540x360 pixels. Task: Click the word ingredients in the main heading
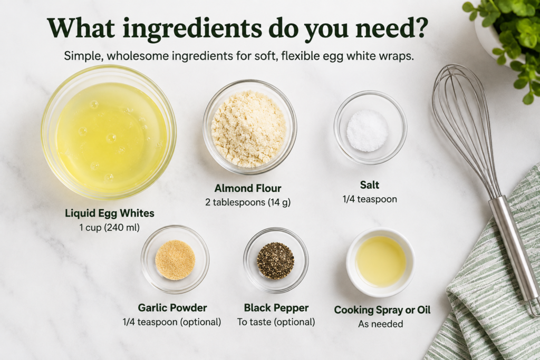point(192,28)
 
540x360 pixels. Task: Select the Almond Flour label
point(248,188)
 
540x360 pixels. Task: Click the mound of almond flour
point(249,129)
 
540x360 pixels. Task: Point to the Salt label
point(370,185)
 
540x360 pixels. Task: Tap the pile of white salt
point(368,130)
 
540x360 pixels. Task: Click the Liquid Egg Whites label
point(110,213)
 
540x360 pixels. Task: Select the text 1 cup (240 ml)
point(110,228)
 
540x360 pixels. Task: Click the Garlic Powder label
point(172,308)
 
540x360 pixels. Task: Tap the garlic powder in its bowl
point(175,259)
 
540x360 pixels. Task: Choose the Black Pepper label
point(276,308)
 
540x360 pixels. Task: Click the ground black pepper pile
point(275,260)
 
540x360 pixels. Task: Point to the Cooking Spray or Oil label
point(382,310)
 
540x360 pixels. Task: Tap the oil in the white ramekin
point(381,261)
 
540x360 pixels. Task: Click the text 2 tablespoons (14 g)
point(248,202)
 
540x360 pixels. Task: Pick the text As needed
point(381,324)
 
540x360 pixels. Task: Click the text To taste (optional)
point(276,322)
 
